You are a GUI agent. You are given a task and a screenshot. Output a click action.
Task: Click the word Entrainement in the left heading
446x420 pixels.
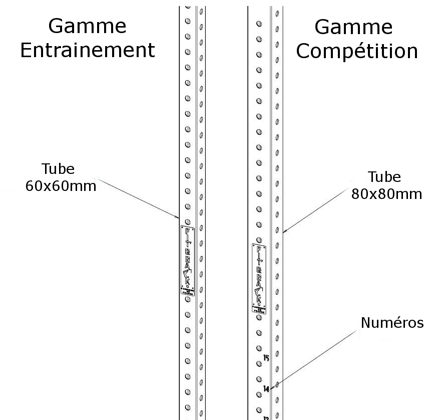pos(88,51)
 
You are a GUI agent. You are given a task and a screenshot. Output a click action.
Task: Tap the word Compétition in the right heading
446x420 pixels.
pos(357,51)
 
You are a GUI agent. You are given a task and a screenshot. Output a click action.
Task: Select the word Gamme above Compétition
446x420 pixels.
pos(354,26)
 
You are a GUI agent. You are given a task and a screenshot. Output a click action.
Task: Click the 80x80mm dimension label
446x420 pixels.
pos(386,193)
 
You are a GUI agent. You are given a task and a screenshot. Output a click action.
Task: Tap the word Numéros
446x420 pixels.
pos(392,323)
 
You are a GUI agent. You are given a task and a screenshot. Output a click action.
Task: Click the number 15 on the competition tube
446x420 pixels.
pos(266,358)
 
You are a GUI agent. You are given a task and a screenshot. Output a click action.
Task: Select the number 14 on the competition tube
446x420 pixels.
pos(266,388)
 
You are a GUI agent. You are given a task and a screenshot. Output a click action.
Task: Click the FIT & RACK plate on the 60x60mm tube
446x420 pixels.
pos(187,260)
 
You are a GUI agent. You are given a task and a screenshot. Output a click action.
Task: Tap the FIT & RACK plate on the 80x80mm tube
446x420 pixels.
pos(259,279)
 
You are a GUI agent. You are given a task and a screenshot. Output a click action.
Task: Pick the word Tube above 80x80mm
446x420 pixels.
pos(384,177)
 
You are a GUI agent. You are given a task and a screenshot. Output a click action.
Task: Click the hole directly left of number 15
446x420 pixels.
pos(259,363)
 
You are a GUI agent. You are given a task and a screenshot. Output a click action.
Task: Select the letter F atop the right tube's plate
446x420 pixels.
pos(259,249)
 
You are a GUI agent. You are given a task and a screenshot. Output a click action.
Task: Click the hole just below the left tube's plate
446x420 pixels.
pos(187,299)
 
